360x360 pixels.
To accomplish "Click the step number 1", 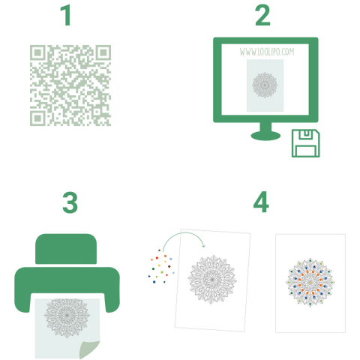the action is (66, 16).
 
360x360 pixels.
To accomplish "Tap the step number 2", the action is (262, 16).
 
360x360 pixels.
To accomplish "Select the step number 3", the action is (70, 202).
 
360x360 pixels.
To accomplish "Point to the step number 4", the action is (261, 202).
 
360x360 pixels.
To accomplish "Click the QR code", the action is (70, 85).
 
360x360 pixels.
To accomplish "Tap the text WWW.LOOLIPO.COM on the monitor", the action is (267, 52).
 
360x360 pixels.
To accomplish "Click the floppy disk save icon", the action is (305, 143).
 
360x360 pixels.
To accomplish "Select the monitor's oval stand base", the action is (265, 136).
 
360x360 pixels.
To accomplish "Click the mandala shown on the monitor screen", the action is (265, 85).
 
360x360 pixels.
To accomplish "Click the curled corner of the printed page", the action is (89, 349).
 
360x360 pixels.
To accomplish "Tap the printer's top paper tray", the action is (66, 249).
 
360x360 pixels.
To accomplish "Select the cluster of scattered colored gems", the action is (161, 266).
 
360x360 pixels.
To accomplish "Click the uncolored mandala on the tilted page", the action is (212, 279).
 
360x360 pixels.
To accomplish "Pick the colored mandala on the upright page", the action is (310, 282).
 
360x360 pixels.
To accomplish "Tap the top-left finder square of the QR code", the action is (37, 52).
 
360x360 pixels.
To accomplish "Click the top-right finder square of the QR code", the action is (103, 52).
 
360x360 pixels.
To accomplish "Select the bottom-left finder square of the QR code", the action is (37, 118).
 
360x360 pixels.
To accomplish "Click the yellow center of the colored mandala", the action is (310, 282).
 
